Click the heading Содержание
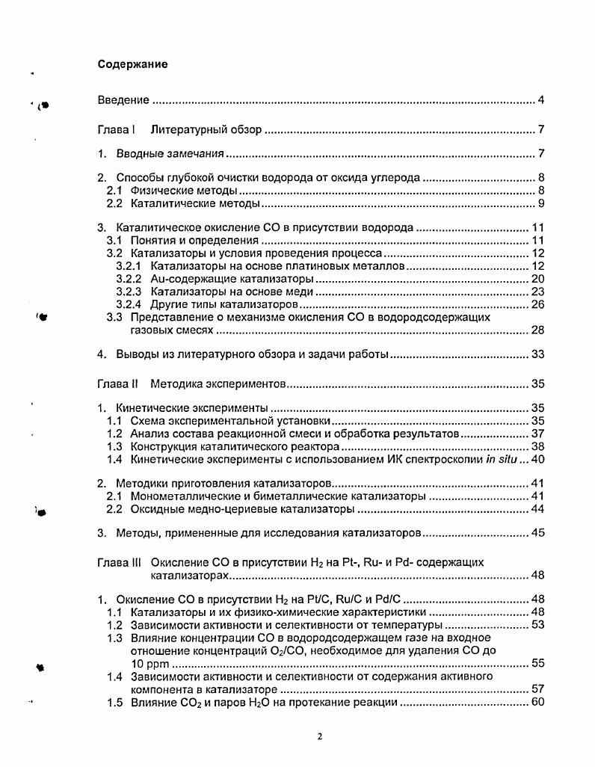[x=133, y=64]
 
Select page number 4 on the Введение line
[x=540, y=100]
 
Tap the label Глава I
[x=116, y=130]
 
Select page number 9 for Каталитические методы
[x=540, y=203]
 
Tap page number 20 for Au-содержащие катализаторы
[x=537, y=279]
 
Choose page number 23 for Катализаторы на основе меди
[x=537, y=292]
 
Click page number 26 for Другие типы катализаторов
[x=537, y=304]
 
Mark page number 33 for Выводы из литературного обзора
[x=537, y=354]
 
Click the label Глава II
[x=118, y=385]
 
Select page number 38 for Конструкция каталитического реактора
[x=537, y=446]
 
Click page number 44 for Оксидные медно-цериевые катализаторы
[x=537, y=509]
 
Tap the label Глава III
[x=120, y=561]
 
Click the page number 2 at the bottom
[x=319, y=736]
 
